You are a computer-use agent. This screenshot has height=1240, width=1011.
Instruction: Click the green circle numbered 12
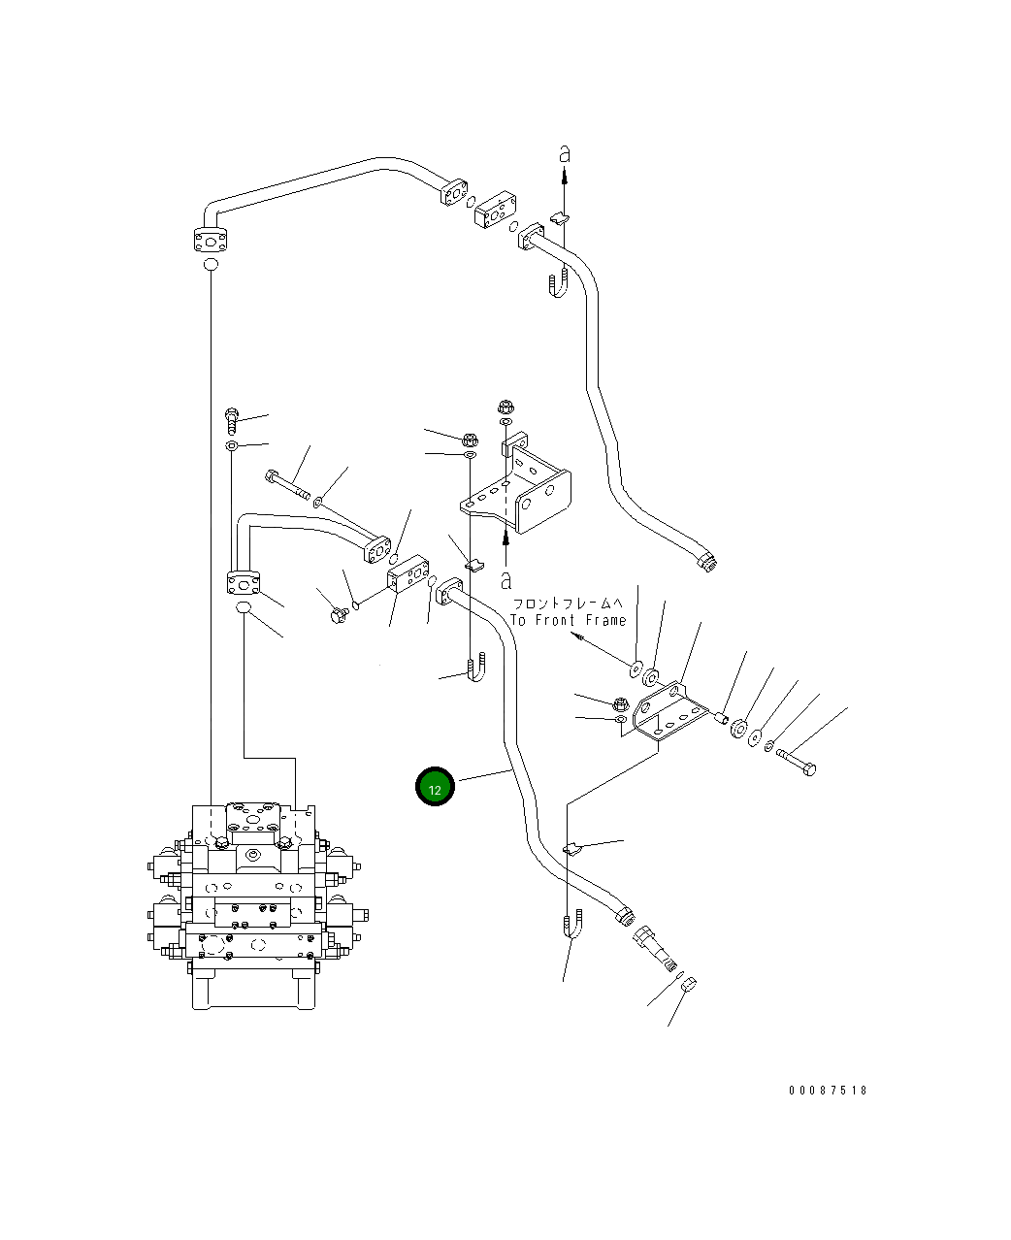click(x=435, y=786)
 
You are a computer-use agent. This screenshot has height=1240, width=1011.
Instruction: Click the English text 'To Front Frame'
click(x=569, y=620)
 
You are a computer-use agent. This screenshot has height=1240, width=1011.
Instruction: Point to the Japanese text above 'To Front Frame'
click(x=569, y=604)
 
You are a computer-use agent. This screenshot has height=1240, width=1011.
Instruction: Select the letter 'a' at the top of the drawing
click(x=565, y=154)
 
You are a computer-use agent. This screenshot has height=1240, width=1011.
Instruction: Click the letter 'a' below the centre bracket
click(x=506, y=581)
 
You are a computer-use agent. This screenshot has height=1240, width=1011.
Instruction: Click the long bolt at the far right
click(x=797, y=762)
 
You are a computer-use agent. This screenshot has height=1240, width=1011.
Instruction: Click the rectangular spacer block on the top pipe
click(x=495, y=209)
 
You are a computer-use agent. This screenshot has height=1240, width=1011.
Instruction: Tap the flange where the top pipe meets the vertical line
click(x=211, y=241)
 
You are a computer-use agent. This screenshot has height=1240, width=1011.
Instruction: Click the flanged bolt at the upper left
click(x=232, y=421)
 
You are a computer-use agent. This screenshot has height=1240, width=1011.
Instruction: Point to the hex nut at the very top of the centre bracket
click(x=505, y=407)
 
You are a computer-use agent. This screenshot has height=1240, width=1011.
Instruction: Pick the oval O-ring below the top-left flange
click(x=211, y=264)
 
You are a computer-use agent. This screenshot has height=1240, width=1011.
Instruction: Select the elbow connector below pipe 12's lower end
click(x=654, y=949)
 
